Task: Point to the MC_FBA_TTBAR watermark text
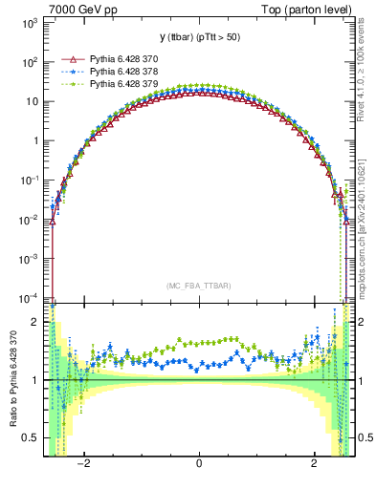(x=198, y=286)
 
